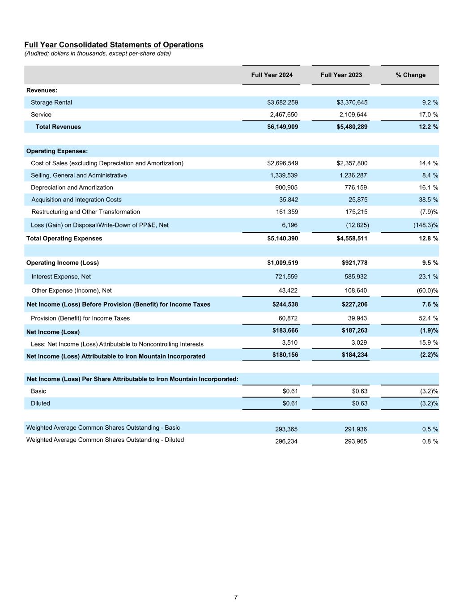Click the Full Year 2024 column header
coord(272,75)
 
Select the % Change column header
coord(410,75)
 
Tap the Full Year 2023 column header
coord(341,75)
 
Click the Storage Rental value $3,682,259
coord(282,103)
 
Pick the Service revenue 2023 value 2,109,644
coord(353,115)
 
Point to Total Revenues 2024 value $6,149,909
coord(282,127)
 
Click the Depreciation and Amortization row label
coord(72,188)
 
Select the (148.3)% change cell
coord(425,225)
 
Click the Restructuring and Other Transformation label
coord(85,212)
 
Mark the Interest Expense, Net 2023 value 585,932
coord(355,277)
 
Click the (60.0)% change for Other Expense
coord(427,291)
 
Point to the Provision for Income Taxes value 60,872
coord(287,318)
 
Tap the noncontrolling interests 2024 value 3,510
coord(289,342)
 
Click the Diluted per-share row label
coord(40,403)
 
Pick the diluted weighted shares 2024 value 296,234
coord(286,441)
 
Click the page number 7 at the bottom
coord(236,597)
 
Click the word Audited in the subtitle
coord(38,54)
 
